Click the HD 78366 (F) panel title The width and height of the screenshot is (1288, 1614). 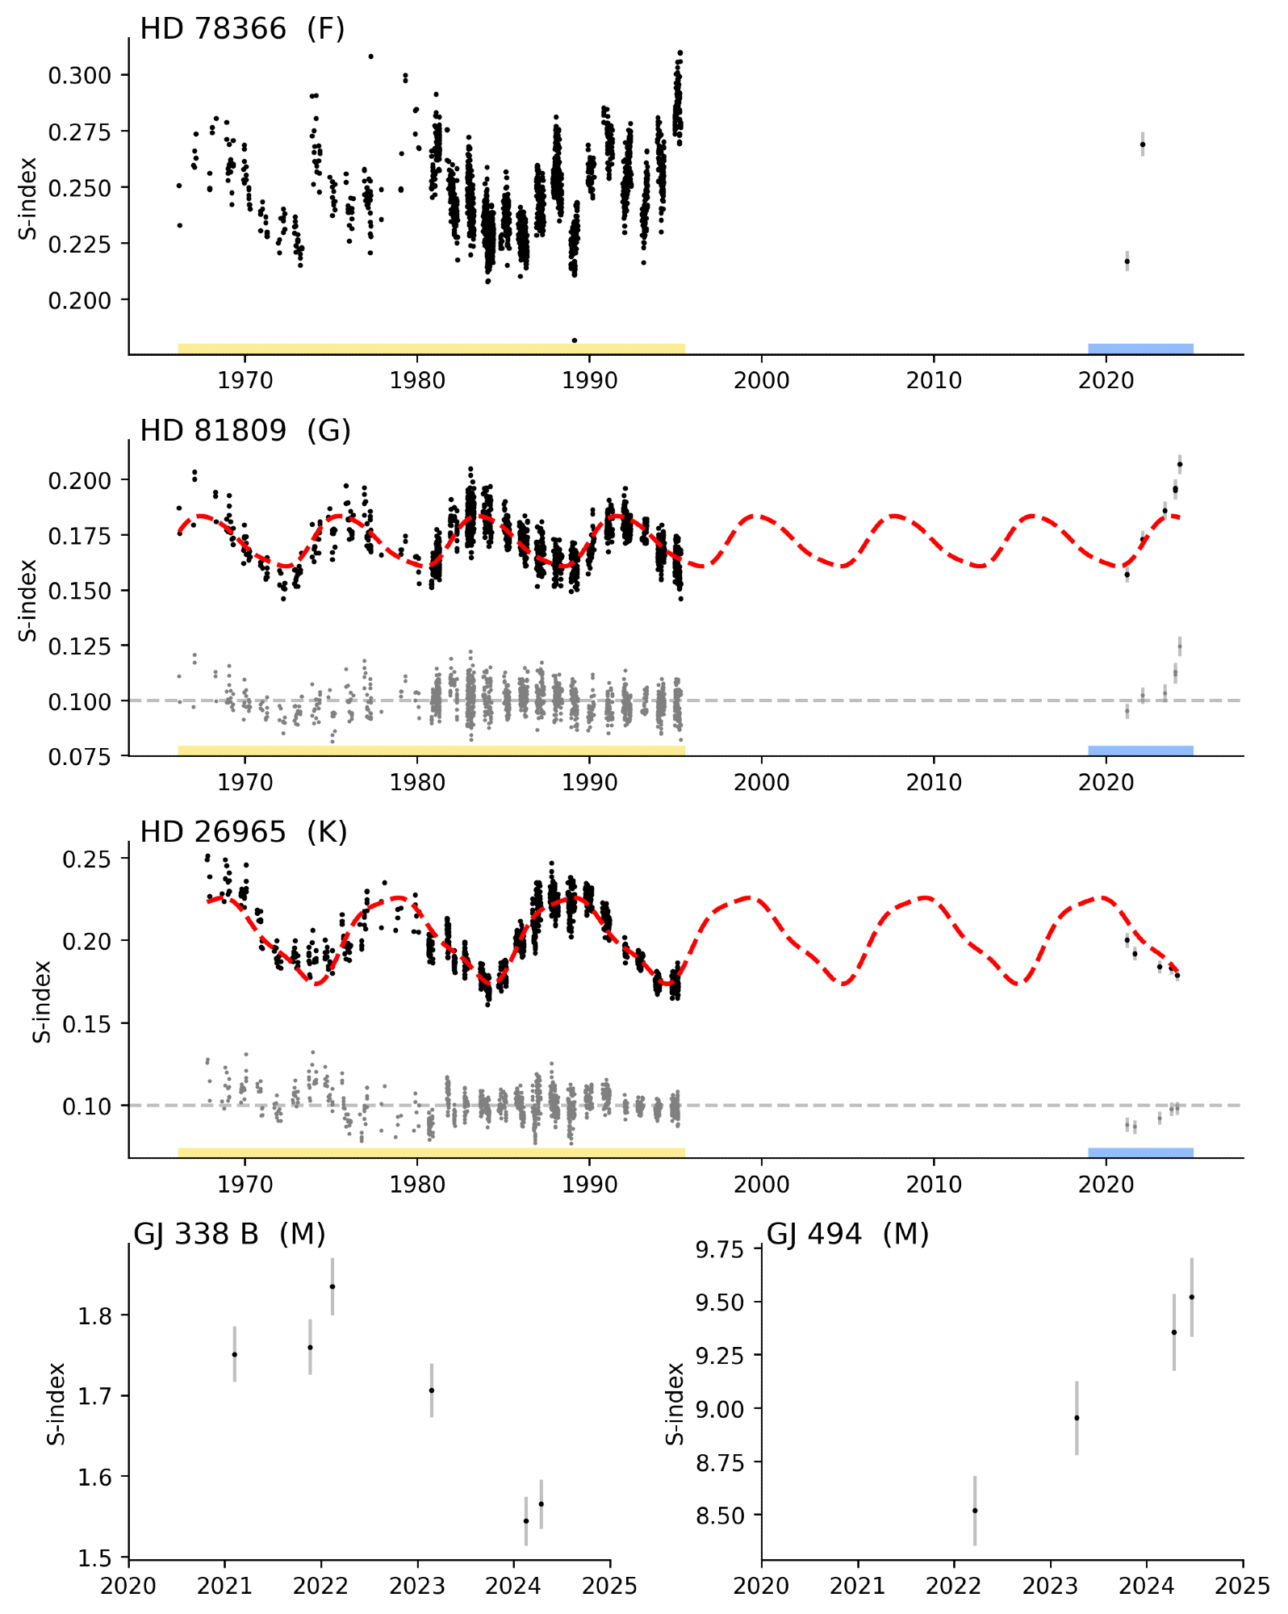pos(242,29)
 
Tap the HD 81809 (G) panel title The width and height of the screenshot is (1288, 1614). pos(245,431)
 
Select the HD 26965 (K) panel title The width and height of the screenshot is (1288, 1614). pos(243,832)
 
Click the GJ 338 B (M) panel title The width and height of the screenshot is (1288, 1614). pos(229,1234)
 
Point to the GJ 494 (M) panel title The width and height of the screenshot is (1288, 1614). pos(847,1234)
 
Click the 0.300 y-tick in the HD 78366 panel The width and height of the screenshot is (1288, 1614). pos(79,76)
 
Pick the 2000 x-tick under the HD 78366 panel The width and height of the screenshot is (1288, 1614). pos(761,380)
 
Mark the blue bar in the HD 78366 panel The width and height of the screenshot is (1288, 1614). pos(1140,349)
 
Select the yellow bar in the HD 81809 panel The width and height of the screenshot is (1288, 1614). pos(431,751)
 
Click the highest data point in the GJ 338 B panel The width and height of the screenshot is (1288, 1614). pos(332,1286)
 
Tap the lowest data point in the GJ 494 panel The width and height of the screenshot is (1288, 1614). pos(975,1510)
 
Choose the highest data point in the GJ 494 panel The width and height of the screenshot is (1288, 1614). pos(1191,1297)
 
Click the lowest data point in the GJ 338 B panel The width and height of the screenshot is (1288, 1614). pos(526,1520)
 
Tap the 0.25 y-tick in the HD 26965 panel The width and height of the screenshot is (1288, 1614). pos(86,859)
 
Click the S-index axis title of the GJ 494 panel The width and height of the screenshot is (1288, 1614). pos(675,1403)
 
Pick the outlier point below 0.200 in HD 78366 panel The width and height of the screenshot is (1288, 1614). pos(574,340)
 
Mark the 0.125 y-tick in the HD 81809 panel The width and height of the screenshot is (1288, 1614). pos(79,646)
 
